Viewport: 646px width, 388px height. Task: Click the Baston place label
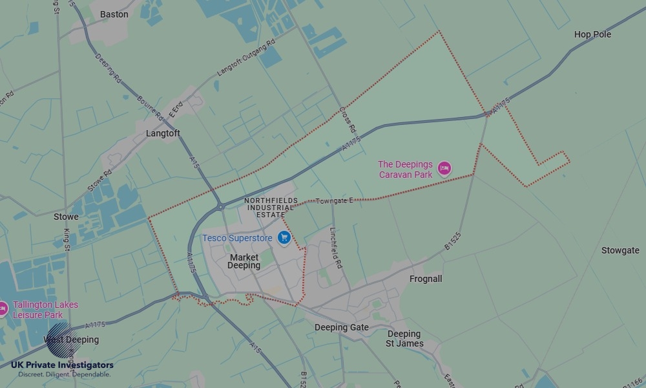[114, 14]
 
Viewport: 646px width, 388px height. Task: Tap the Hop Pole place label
[592, 34]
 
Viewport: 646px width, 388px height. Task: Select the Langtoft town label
[163, 133]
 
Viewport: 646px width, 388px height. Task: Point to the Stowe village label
[66, 217]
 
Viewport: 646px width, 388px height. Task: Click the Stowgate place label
[620, 250]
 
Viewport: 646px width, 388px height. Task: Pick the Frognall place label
[426, 279]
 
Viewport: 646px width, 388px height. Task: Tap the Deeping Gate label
[341, 327]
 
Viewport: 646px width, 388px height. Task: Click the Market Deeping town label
[244, 261]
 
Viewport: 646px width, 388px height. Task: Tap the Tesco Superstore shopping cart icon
[283, 238]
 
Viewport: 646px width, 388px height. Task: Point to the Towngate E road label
[334, 201]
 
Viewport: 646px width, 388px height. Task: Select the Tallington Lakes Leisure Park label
[45, 310]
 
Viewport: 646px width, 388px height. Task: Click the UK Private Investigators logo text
[62, 365]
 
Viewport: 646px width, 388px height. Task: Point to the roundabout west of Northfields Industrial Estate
[220, 207]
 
